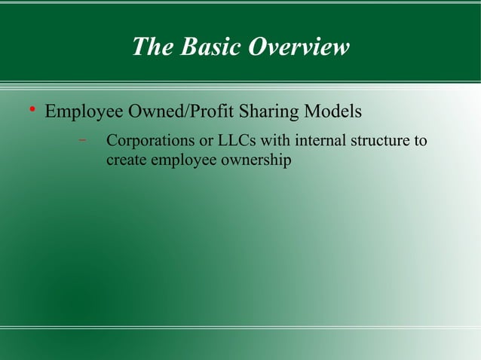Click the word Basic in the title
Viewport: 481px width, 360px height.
point(199,47)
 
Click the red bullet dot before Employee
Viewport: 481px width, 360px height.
point(32,113)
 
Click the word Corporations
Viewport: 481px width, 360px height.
point(150,141)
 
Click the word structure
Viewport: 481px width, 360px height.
point(384,141)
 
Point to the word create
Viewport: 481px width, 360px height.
point(126,160)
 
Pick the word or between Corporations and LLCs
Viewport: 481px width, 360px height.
point(207,141)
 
